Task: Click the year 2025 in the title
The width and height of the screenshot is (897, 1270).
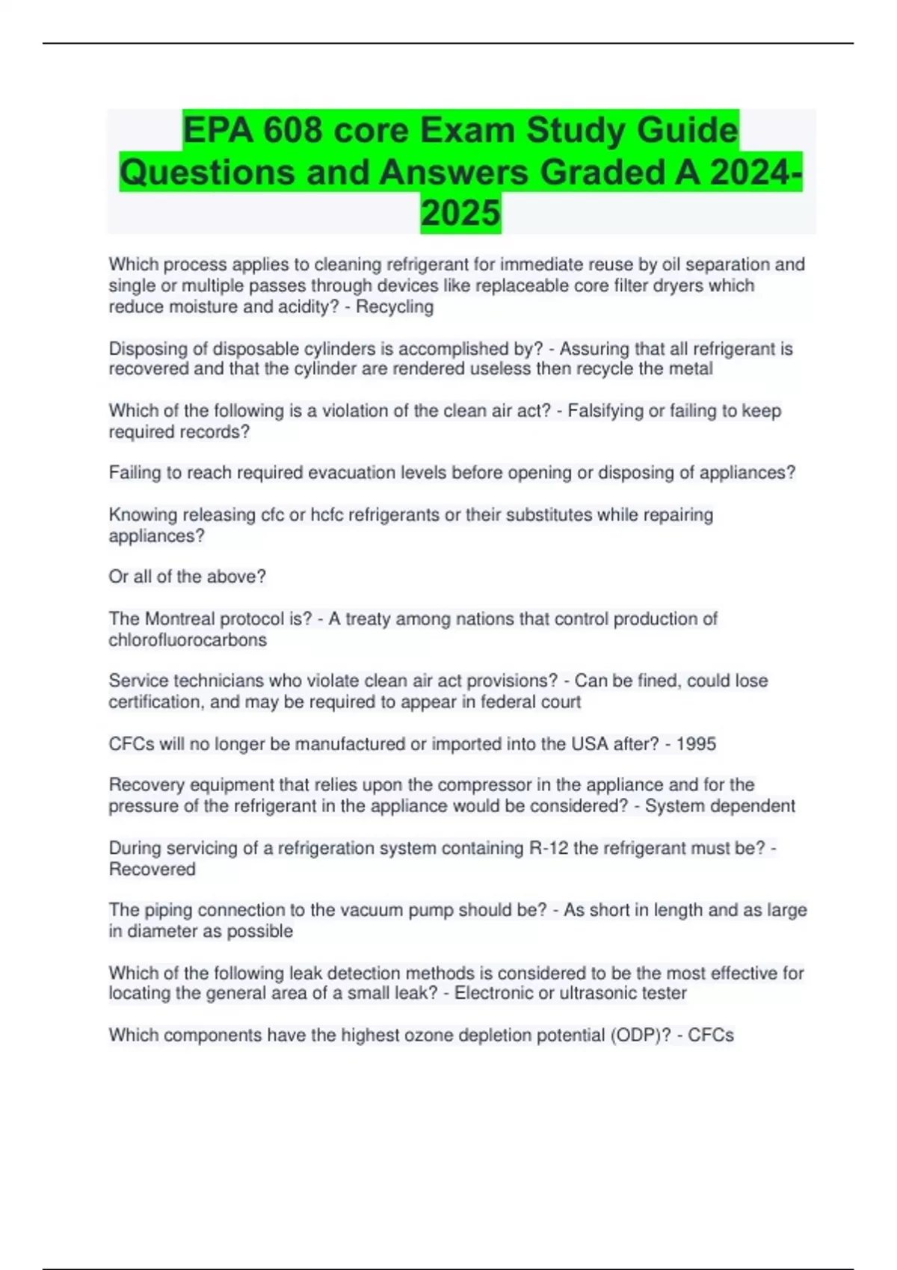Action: pyautogui.click(x=460, y=213)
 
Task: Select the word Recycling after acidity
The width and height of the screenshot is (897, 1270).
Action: pyautogui.click(x=395, y=307)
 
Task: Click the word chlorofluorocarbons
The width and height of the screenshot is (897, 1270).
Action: pyautogui.click(x=188, y=640)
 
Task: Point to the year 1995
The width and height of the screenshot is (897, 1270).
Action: pyautogui.click(x=696, y=744)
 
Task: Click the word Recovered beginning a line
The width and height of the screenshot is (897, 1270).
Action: pyautogui.click(x=152, y=870)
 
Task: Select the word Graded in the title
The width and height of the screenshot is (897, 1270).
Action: pyautogui.click(x=602, y=173)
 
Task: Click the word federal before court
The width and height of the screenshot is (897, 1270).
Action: pyautogui.click(x=509, y=702)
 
